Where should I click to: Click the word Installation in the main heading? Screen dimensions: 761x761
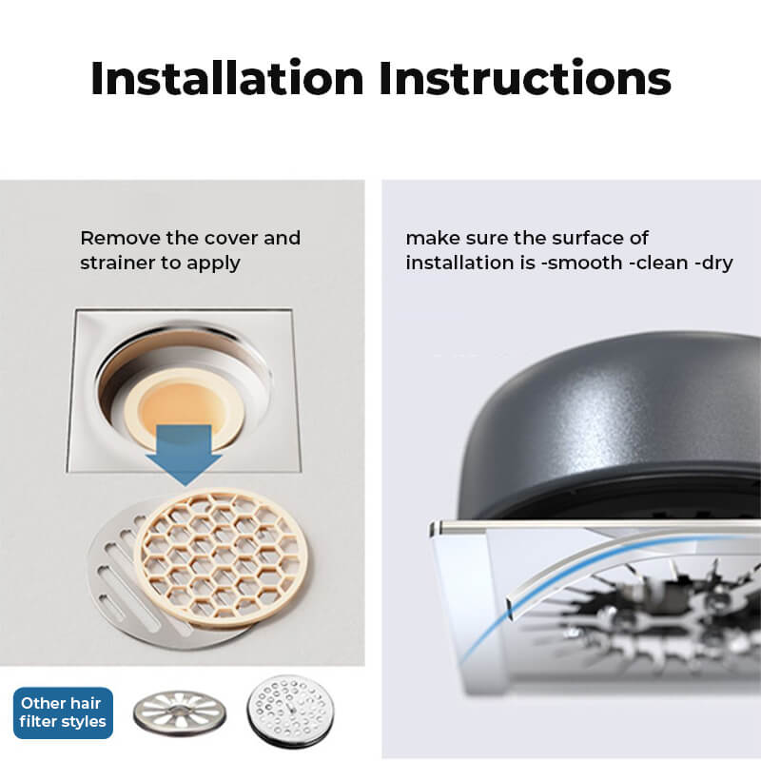(227, 78)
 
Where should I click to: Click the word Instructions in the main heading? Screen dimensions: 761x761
(525, 78)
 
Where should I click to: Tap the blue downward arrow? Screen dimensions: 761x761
(185, 455)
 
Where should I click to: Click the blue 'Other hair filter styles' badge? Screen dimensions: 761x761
(63, 712)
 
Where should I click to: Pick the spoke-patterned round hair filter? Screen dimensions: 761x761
(180, 712)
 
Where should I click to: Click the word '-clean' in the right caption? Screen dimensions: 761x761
(658, 263)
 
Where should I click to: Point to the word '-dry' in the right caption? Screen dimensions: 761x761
(713, 264)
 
